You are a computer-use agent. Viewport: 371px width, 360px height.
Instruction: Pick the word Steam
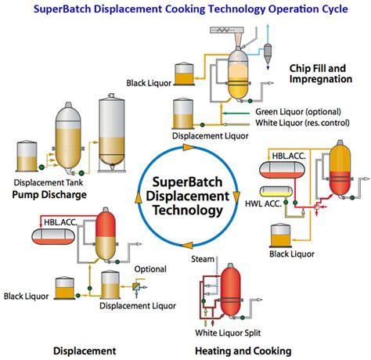[x=201, y=257]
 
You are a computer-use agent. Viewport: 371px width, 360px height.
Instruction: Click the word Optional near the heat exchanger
[x=149, y=268]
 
